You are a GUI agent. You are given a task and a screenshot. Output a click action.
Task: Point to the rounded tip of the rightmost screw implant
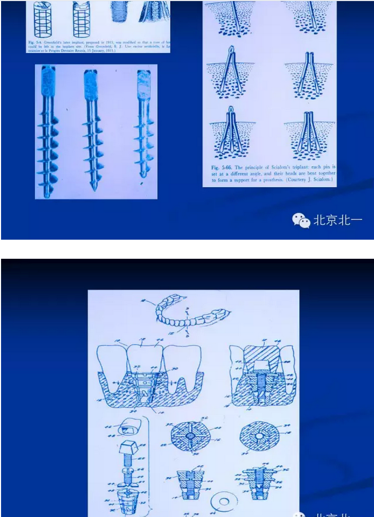pos(141,175)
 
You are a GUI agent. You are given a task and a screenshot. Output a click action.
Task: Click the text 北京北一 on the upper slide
pos(337,220)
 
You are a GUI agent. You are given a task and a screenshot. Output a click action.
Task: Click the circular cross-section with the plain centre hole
pos(261,437)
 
